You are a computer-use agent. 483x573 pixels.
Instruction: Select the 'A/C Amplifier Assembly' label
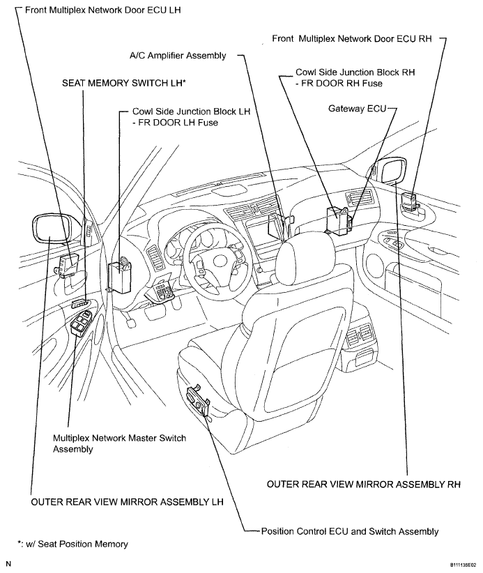click(x=178, y=55)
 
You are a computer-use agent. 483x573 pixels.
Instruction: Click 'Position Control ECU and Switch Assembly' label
click(x=349, y=531)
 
